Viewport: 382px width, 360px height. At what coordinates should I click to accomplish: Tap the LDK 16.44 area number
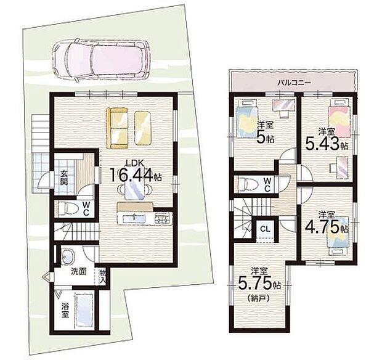pyautogui.click(x=132, y=174)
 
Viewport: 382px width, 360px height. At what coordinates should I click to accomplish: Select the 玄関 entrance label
pyautogui.click(x=64, y=178)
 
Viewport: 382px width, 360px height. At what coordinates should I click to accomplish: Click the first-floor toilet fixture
pyautogui.click(x=67, y=208)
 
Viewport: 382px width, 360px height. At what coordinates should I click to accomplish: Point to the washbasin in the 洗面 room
pyautogui.click(x=68, y=256)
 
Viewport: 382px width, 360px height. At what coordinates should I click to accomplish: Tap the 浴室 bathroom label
pyautogui.click(x=65, y=310)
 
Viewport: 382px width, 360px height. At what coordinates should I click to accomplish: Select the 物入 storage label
pyautogui.click(x=102, y=276)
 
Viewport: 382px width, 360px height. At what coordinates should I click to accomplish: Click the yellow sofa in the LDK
pyautogui.click(x=117, y=128)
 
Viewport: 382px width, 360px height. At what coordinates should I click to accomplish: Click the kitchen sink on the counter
pyautogui.click(x=135, y=218)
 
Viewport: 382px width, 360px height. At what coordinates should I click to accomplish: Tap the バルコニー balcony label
pyautogui.click(x=295, y=83)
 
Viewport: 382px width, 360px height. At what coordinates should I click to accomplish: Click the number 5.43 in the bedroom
pyautogui.click(x=323, y=144)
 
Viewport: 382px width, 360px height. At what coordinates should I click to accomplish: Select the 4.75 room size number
pyautogui.click(x=322, y=227)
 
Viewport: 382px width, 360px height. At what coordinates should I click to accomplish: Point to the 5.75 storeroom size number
pyautogui.click(x=254, y=283)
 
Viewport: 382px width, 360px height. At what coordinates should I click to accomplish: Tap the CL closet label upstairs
pyautogui.click(x=266, y=229)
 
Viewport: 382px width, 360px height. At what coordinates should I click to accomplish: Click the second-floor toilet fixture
pyautogui.click(x=248, y=184)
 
